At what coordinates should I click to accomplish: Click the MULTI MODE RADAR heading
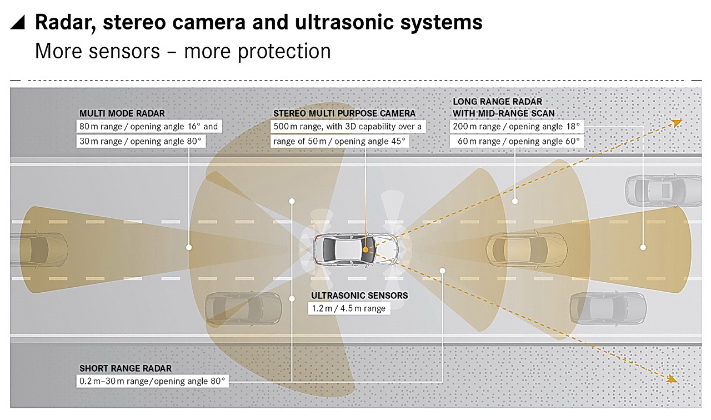[122, 114]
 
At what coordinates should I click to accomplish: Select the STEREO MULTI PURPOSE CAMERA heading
[344, 114]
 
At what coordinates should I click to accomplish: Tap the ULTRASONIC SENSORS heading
[359, 296]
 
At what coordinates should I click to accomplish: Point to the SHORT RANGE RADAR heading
[126, 368]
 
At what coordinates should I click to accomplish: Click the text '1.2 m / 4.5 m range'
[349, 309]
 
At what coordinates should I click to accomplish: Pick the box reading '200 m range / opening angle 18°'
[517, 127]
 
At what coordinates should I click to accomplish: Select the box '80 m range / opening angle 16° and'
[149, 127]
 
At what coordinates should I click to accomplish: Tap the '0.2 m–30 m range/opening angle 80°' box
[153, 381]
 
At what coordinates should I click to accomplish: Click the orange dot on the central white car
[365, 250]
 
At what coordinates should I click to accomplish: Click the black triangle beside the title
[19, 23]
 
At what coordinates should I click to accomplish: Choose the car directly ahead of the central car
[526, 248]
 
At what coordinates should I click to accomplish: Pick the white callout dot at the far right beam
[643, 247]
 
